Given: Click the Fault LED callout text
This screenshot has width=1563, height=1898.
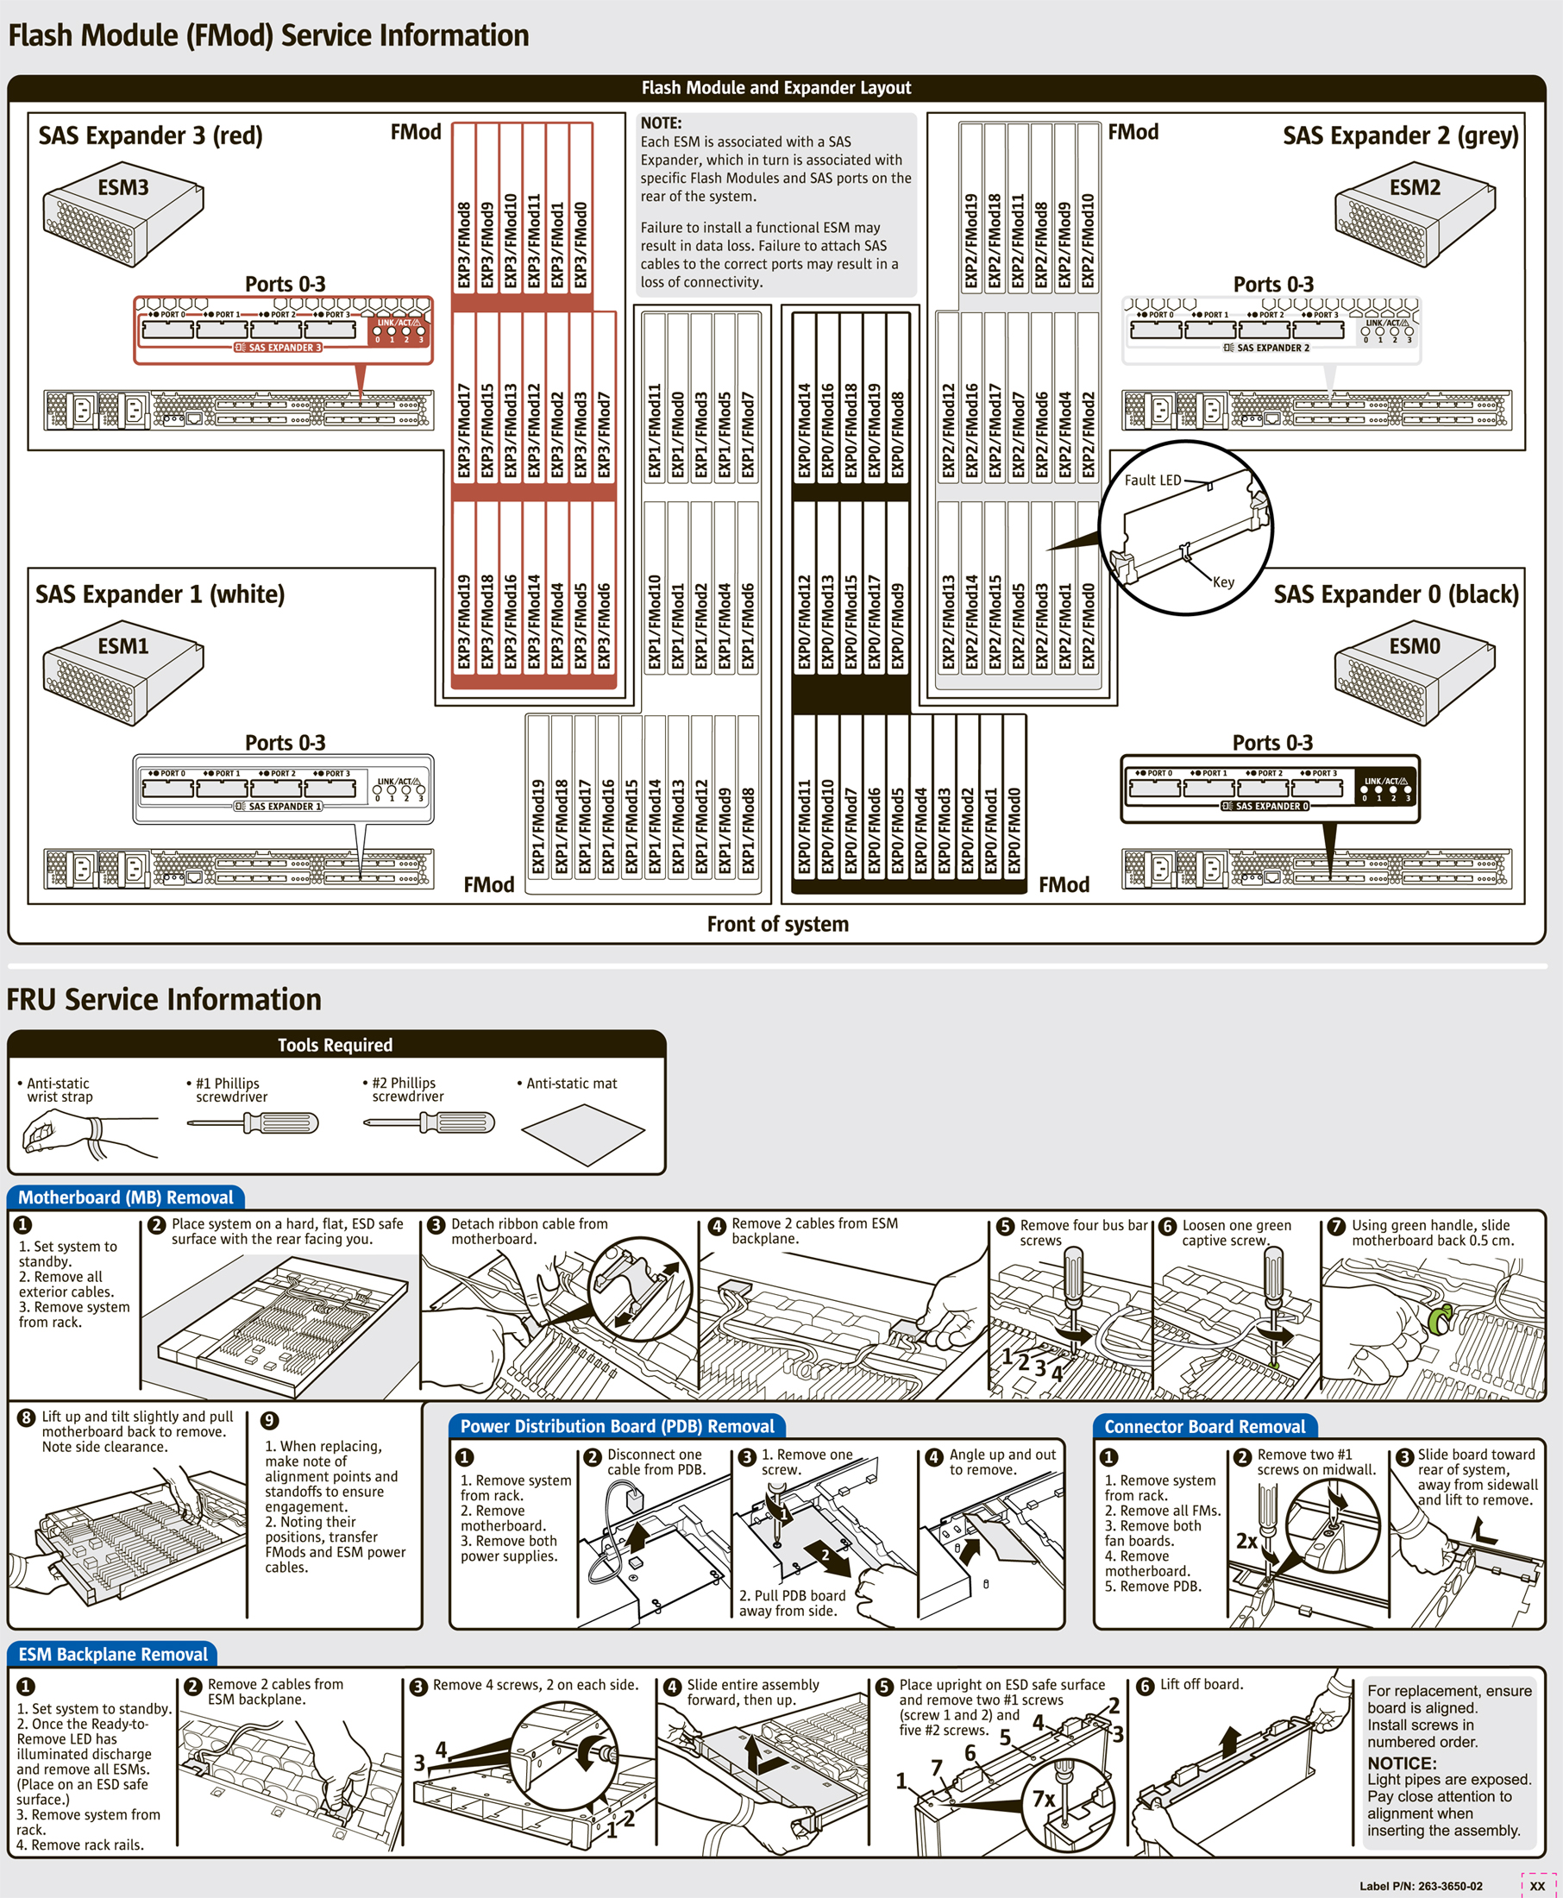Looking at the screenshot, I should point(1152,480).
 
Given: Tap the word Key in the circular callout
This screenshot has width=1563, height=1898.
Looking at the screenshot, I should point(1222,581).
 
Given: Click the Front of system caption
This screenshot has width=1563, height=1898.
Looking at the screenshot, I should point(777,924).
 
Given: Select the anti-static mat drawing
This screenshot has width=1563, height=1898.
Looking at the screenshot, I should point(583,1134).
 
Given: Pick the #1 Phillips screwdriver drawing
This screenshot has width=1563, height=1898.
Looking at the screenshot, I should point(253,1122).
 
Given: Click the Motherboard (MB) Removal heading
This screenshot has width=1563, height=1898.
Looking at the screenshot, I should point(125,1197).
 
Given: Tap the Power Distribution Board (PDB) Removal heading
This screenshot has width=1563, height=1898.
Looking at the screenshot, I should point(617,1426).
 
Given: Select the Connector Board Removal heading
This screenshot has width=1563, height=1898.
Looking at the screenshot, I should point(1204,1426).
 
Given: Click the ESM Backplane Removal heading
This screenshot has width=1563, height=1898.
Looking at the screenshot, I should point(112,1654).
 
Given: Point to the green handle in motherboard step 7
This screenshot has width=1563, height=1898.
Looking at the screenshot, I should point(1439,1318).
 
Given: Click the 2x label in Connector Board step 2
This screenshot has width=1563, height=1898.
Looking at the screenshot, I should point(1246,1541).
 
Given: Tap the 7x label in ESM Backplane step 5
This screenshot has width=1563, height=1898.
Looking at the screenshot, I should point(1044,1799).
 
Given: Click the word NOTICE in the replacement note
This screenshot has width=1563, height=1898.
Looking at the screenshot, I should point(1402,1763).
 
